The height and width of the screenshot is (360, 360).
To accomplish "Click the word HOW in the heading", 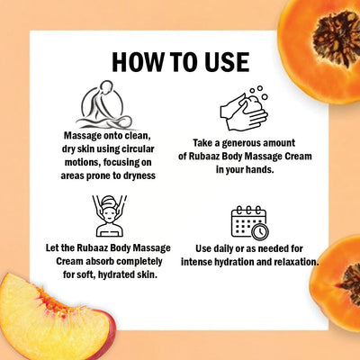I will point(137,61).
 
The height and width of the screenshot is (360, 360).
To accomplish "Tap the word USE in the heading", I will point(222,61).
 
